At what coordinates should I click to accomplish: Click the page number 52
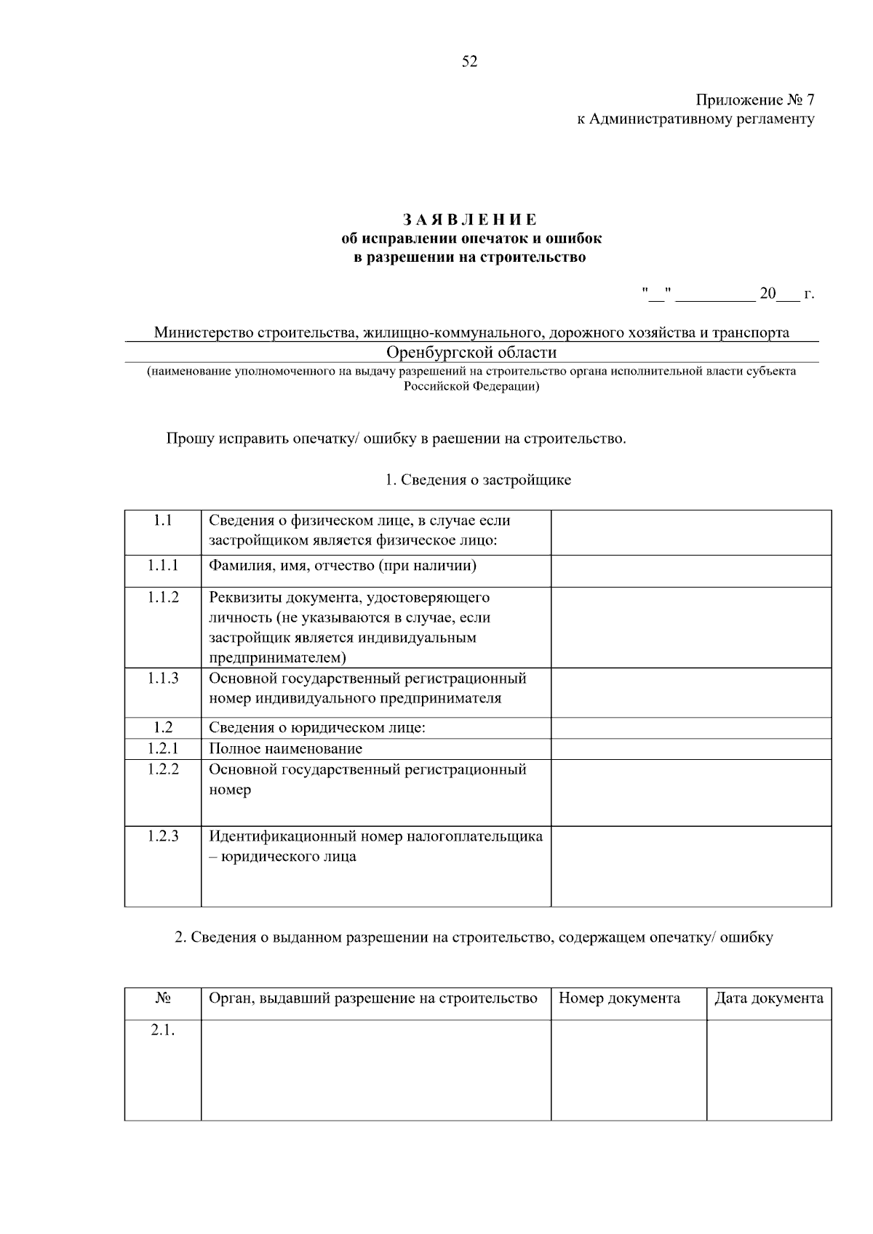tap(469, 62)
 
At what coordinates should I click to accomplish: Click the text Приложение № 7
tap(754, 100)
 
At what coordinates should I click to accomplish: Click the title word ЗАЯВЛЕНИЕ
tap(470, 219)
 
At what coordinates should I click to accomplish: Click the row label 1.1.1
tap(162, 565)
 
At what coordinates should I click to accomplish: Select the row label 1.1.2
tap(162, 597)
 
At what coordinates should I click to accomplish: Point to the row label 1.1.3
tap(162, 678)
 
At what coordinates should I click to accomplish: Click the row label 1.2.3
tap(162, 836)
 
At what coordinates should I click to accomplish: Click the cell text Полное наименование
tap(285, 748)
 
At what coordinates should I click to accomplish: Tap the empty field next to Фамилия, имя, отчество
tap(690, 571)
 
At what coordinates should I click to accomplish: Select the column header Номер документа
tap(619, 998)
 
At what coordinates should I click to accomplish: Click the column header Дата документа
tap(768, 998)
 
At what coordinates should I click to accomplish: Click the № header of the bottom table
tap(162, 998)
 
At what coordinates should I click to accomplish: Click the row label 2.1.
tap(162, 1030)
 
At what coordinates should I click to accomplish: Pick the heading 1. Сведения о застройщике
tap(478, 480)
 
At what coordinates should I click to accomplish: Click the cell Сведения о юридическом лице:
tap(316, 727)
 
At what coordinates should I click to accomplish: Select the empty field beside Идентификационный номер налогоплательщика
tap(690, 865)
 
